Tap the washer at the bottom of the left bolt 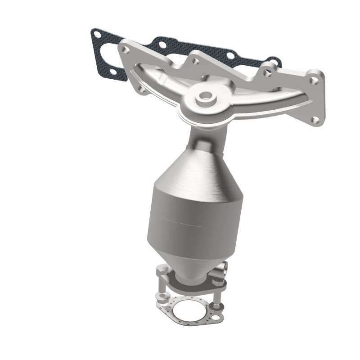tap(161, 297)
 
